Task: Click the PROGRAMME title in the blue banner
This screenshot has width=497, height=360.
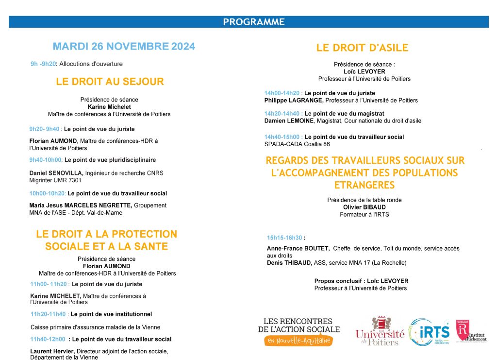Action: click(x=253, y=22)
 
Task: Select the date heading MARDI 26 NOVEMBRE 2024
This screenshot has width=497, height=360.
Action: click(x=124, y=47)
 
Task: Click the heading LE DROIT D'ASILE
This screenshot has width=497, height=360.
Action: click(x=362, y=48)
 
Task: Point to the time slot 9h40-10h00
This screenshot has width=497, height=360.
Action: click(x=46, y=159)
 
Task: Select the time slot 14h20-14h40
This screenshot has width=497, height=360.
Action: click(x=282, y=113)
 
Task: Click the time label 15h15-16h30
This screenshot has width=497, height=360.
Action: click(x=284, y=238)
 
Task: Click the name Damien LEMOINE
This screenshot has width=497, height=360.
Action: click(x=289, y=120)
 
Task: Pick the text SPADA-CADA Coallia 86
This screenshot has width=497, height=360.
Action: click(x=297, y=144)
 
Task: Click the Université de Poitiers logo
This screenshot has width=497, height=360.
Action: click(x=380, y=331)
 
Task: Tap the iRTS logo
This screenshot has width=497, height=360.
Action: click(x=429, y=332)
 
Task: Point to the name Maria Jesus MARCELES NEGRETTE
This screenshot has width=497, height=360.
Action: click(x=80, y=206)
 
